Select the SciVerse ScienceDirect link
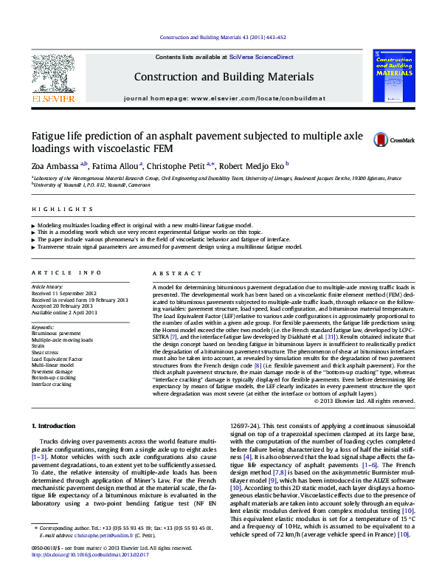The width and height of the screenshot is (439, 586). [261, 57]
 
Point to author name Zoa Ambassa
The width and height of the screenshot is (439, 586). [55, 167]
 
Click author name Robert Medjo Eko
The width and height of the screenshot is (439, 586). [252, 167]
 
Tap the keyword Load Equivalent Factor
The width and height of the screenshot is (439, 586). [57, 359]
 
